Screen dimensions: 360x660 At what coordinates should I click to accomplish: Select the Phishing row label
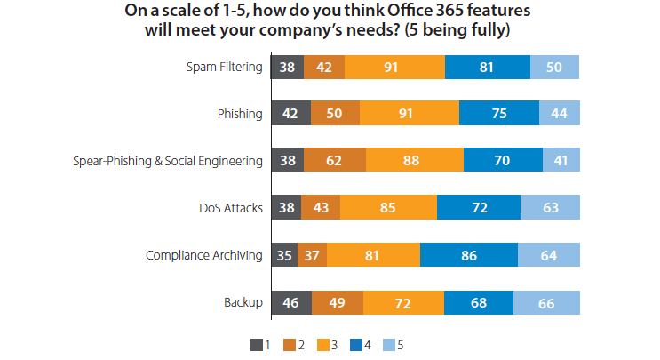[240, 114]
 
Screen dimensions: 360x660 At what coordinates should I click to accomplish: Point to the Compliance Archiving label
[204, 255]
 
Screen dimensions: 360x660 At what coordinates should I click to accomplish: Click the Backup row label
[244, 302]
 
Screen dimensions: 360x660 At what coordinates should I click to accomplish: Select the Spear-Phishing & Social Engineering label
[168, 161]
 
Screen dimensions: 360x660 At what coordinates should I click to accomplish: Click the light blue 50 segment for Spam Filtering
[554, 67]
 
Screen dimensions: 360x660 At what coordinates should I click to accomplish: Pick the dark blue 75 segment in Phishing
[498, 114]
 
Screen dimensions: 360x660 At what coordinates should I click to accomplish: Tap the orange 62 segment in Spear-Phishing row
[334, 161]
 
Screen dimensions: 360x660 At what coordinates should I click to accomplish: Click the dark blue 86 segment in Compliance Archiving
[468, 255]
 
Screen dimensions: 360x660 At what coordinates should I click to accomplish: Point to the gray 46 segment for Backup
[290, 302]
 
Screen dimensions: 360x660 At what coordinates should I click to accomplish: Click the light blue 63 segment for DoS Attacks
[551, 208]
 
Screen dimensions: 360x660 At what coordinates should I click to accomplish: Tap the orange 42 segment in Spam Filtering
[324, 67]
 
